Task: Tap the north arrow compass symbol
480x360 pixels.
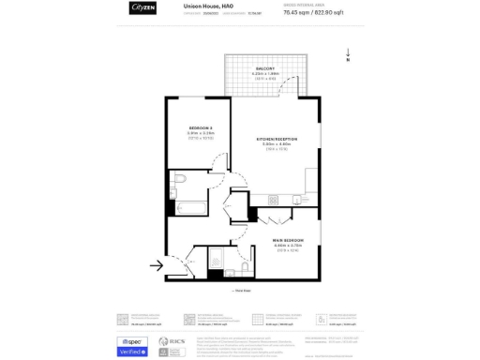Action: pyautogui.click(x=348, y=56)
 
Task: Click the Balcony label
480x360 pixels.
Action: pyautogui.click(x=263, y=69)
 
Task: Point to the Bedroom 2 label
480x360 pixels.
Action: pyautogui.click(x=201, y=128)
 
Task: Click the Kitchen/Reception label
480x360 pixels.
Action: pyautogui.click(x=278, y=140)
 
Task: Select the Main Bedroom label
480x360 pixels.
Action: pyautogui.click(x=288, y=241)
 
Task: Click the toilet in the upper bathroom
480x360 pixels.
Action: pyautogui.click(x=182, y=179)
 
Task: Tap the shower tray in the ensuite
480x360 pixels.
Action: pyautogui.click(x=217, y=261)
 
